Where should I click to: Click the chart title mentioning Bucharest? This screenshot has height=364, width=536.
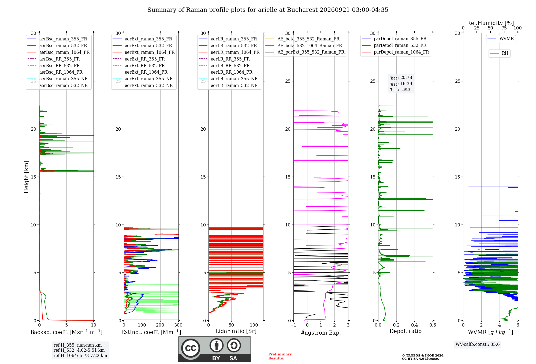[x=268, y=10]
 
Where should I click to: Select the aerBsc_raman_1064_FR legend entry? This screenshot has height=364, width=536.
[x=58, y=52]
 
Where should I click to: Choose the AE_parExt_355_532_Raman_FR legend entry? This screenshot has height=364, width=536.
[x=305, y=52]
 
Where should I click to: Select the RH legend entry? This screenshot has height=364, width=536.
[x=499, y=53]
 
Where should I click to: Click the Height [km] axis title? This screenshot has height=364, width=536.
[x=26, y=177]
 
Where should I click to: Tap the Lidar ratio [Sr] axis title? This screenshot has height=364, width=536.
[x=236, y=331]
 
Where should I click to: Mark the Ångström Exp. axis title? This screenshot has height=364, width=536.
[x=321, y=332]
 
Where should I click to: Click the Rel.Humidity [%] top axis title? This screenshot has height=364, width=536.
[x=490, y=23]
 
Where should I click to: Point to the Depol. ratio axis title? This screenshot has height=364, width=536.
[x=405, y=331]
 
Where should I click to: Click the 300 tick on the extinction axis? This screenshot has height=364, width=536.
[x=178, y=325]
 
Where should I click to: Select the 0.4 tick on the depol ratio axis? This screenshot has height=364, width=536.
[x=415, y=325]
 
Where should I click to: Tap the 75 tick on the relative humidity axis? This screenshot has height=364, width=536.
[x=504, y=28]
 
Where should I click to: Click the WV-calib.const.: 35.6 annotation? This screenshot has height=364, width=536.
[x=478, y=344]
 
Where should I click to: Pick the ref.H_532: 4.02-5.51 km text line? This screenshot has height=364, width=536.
[x=79, y=350]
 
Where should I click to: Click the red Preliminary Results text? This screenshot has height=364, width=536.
[x=280, y=356]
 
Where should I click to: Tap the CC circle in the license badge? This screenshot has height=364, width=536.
[x=191, y=348]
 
